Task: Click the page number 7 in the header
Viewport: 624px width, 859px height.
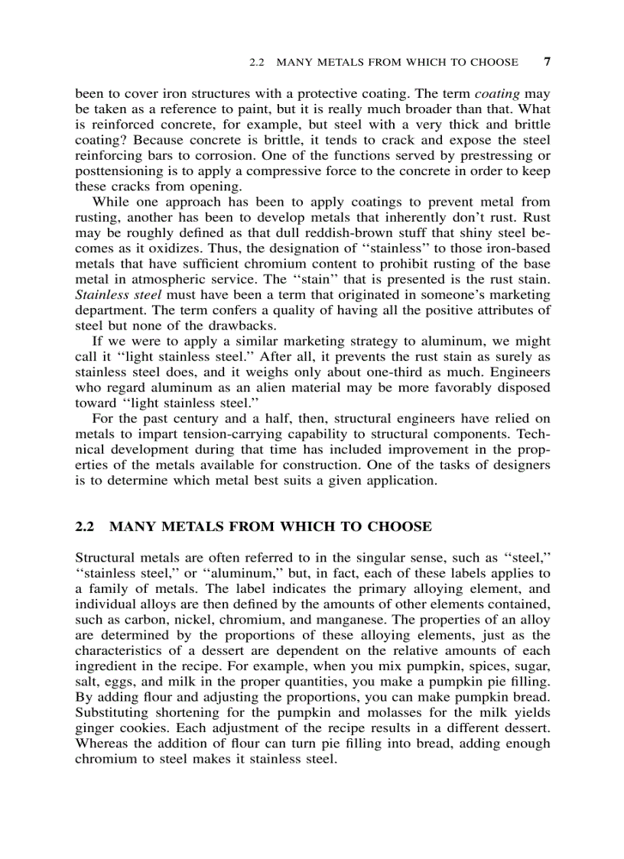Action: tap(546, 62)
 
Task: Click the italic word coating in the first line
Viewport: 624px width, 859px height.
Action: tap(497, 94)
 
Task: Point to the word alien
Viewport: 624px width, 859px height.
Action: tap(271, 387)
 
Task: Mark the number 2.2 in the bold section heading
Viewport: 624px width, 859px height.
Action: tap(84, 527)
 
